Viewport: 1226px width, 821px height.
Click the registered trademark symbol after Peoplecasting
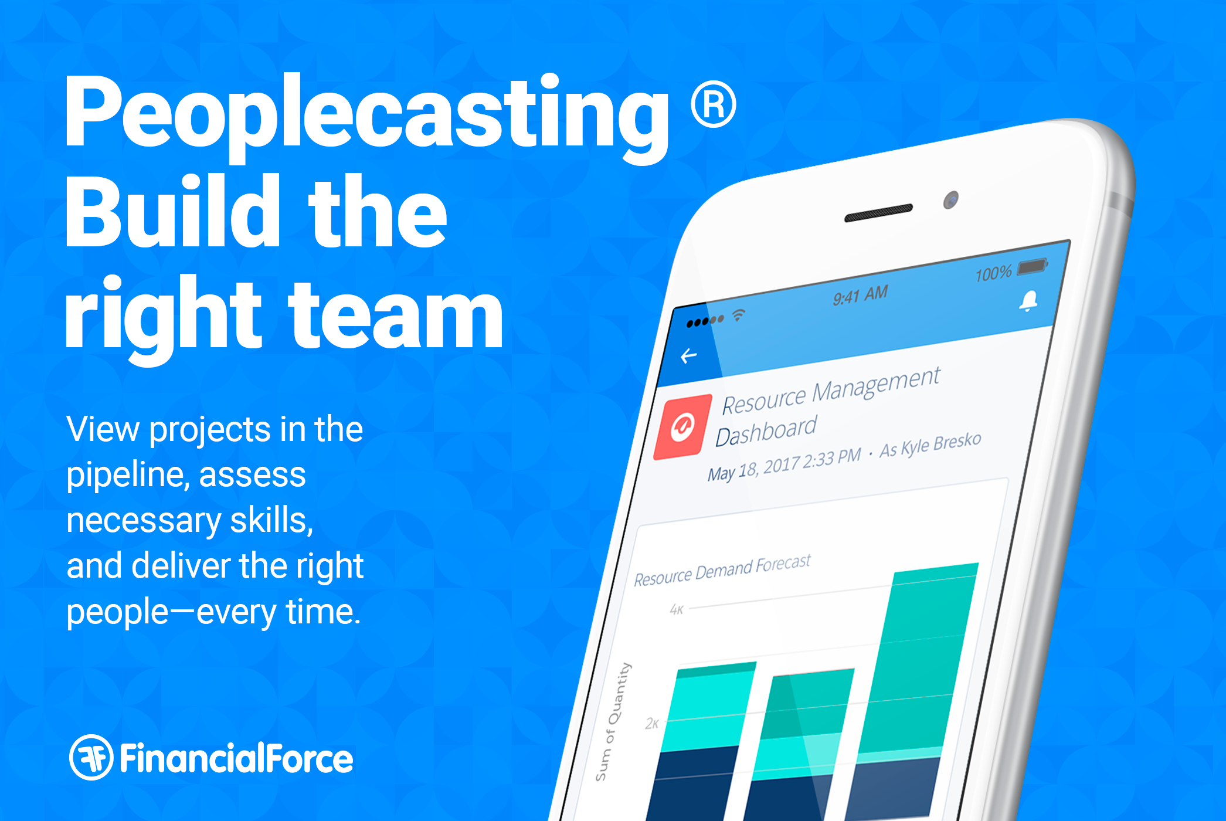point(713,104)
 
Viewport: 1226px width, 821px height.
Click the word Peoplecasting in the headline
point(367,117)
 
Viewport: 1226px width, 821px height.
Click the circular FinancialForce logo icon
point(91,757)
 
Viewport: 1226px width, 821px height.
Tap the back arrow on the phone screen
point(689,355)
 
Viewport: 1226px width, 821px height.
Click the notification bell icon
point(1028,301)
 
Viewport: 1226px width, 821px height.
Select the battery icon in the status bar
point(1033,267)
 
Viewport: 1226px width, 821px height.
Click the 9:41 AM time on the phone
point(860,296)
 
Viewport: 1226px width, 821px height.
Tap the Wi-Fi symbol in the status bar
point(738,315)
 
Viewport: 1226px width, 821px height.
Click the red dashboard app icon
point(682,427)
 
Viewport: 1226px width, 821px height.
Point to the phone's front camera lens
point(951,201)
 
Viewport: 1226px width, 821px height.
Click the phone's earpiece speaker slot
point(878,213)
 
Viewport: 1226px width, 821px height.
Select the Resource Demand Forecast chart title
point(722,570)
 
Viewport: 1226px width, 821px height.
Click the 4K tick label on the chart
point(677,610)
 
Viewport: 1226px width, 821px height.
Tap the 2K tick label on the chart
point(652,724)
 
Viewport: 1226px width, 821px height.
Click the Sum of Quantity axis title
point(613,722)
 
